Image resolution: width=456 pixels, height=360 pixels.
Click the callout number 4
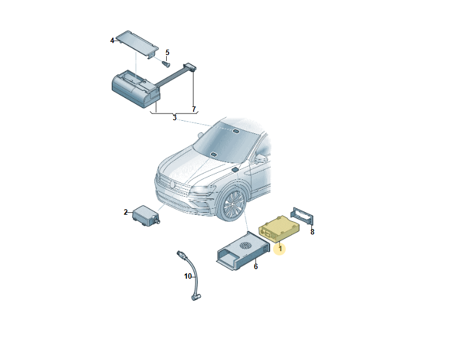[x=112, y=41]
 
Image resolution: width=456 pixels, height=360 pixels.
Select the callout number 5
[x=167, y=53]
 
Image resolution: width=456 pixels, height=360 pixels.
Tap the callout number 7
[x=194, y=109]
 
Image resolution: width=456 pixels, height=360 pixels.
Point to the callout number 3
[x=175, y=118]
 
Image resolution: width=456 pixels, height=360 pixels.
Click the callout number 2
[x=126, y=212]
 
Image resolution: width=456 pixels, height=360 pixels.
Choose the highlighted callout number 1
[x=280, y=249]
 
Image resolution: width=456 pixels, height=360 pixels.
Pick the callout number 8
[x=313, y=232]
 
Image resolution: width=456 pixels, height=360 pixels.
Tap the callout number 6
[x=256, y=267]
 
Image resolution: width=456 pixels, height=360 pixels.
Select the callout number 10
[x=188, y=276]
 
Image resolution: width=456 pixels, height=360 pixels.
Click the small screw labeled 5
[x=166, y=64]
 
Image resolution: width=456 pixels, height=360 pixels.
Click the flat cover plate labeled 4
[x=137, y=44]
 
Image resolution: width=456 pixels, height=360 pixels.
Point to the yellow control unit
[x=279, y=229]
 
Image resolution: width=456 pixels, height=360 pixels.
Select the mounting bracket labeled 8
[x=302, y=216]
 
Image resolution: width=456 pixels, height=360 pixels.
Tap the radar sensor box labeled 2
[x=146, y=216]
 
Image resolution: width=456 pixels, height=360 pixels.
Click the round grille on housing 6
[x=246, y=246]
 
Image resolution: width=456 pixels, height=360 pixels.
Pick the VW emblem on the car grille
[x=172, y=184]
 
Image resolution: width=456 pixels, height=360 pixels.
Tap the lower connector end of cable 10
[x=195, y=297]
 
